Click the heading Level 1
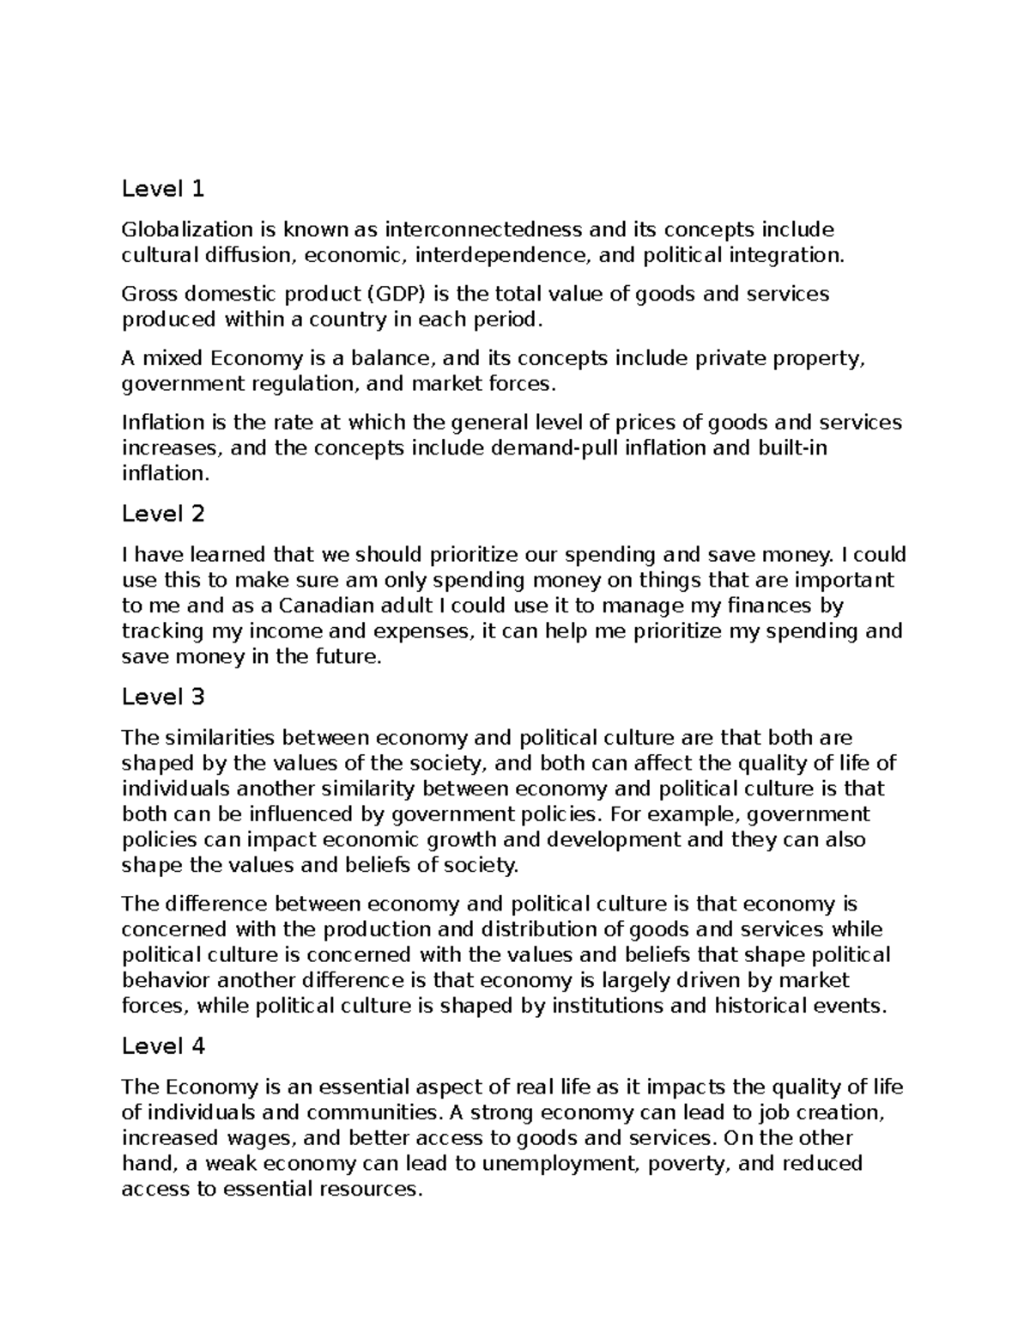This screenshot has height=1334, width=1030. (163, 188)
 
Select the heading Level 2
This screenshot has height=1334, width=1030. (163, 514)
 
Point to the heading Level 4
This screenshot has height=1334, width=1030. (163, 1046)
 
